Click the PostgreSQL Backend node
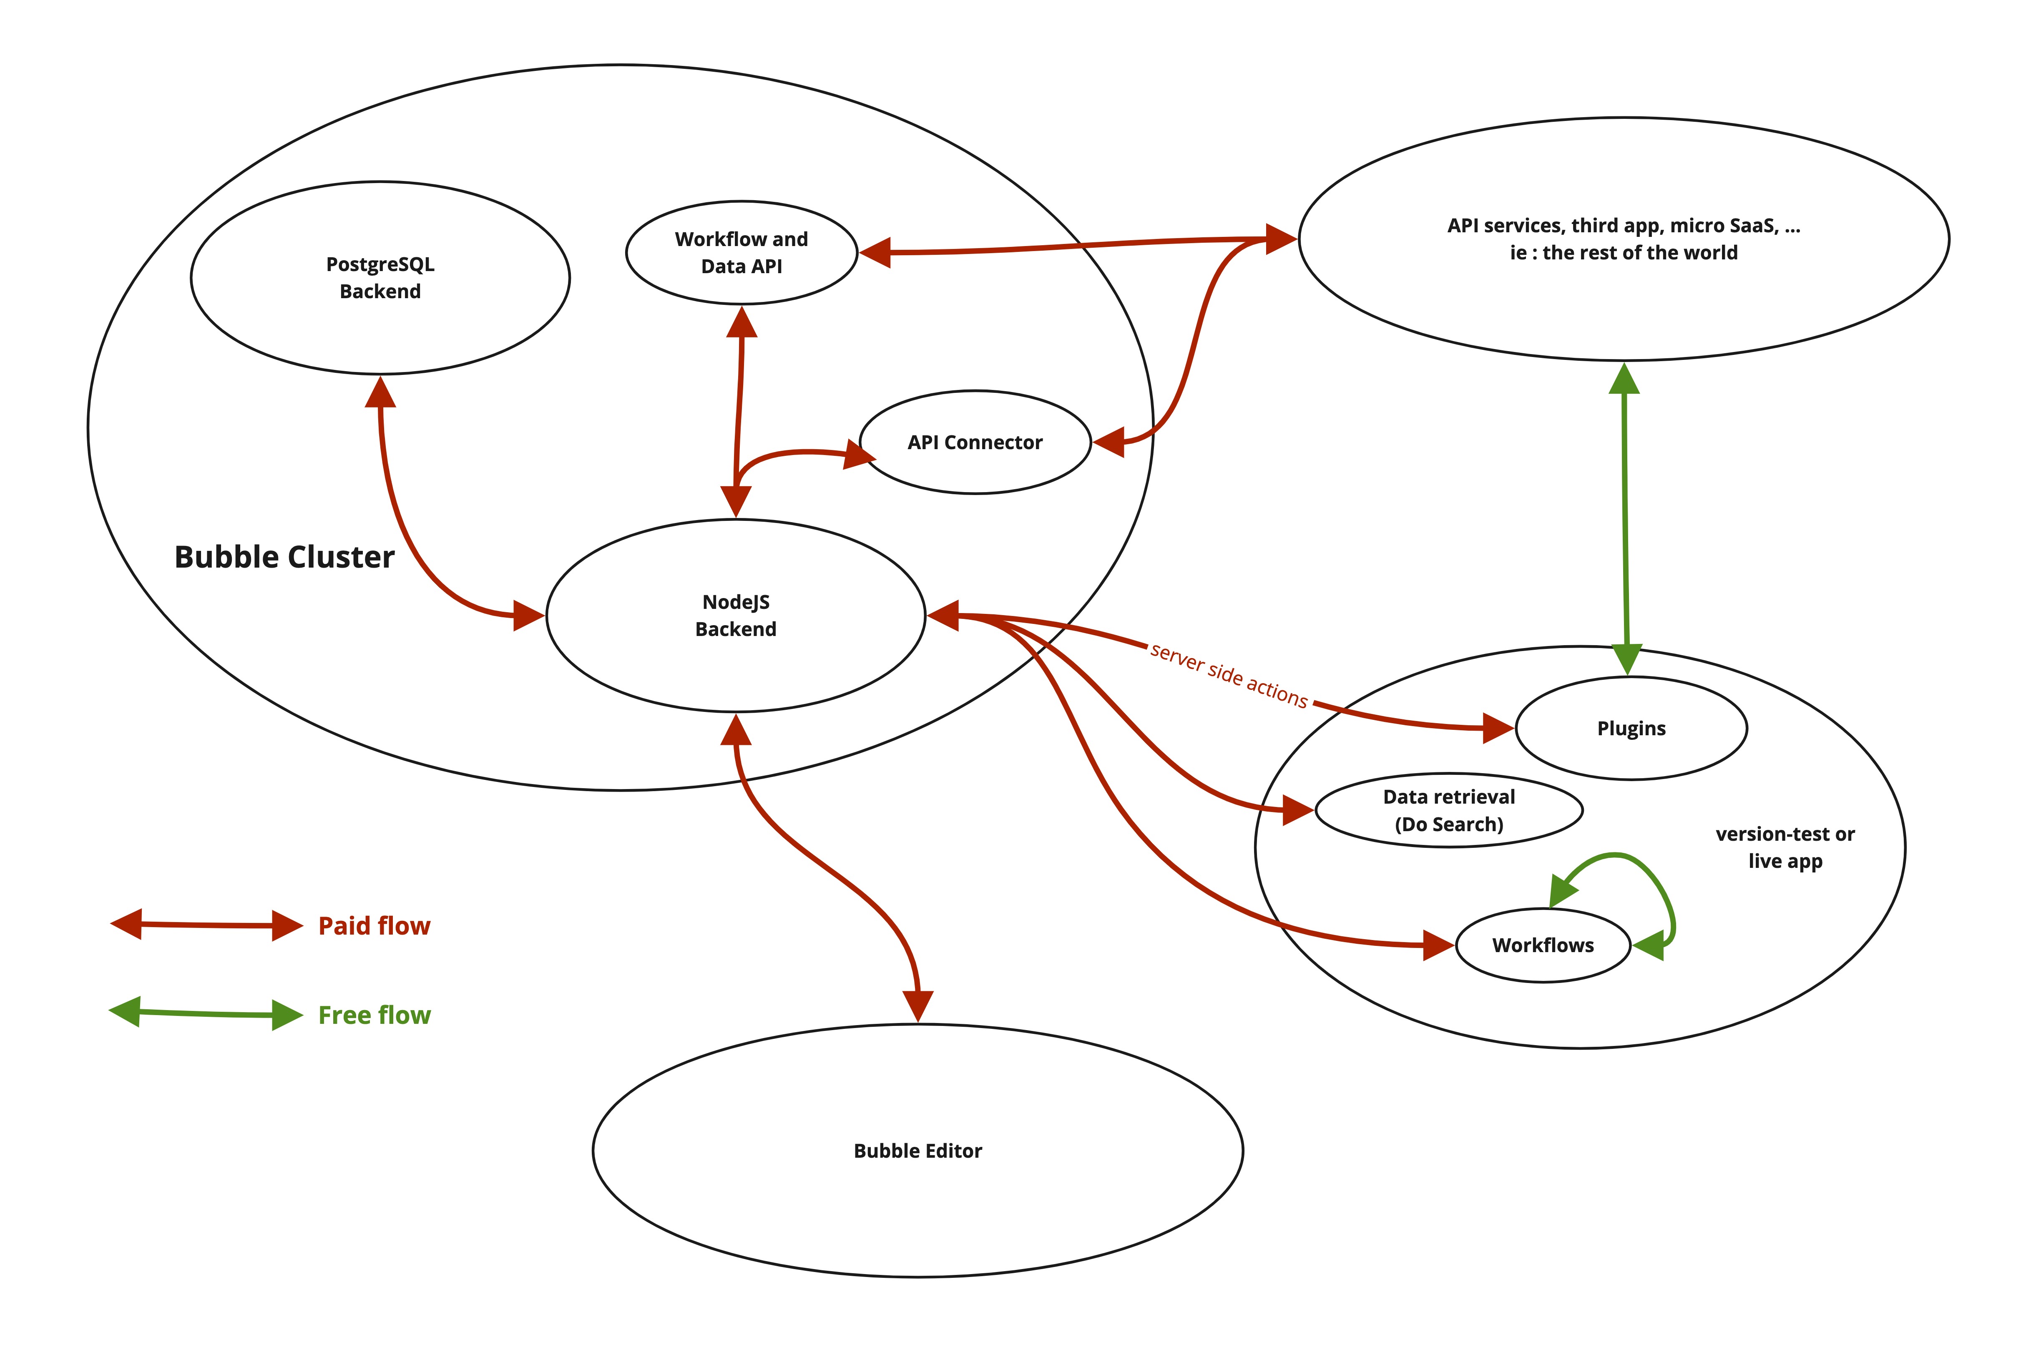click(380, 278)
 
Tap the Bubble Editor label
click(917, 1151)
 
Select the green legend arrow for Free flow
click(206, 1013)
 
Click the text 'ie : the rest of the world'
click(1623, 252)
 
